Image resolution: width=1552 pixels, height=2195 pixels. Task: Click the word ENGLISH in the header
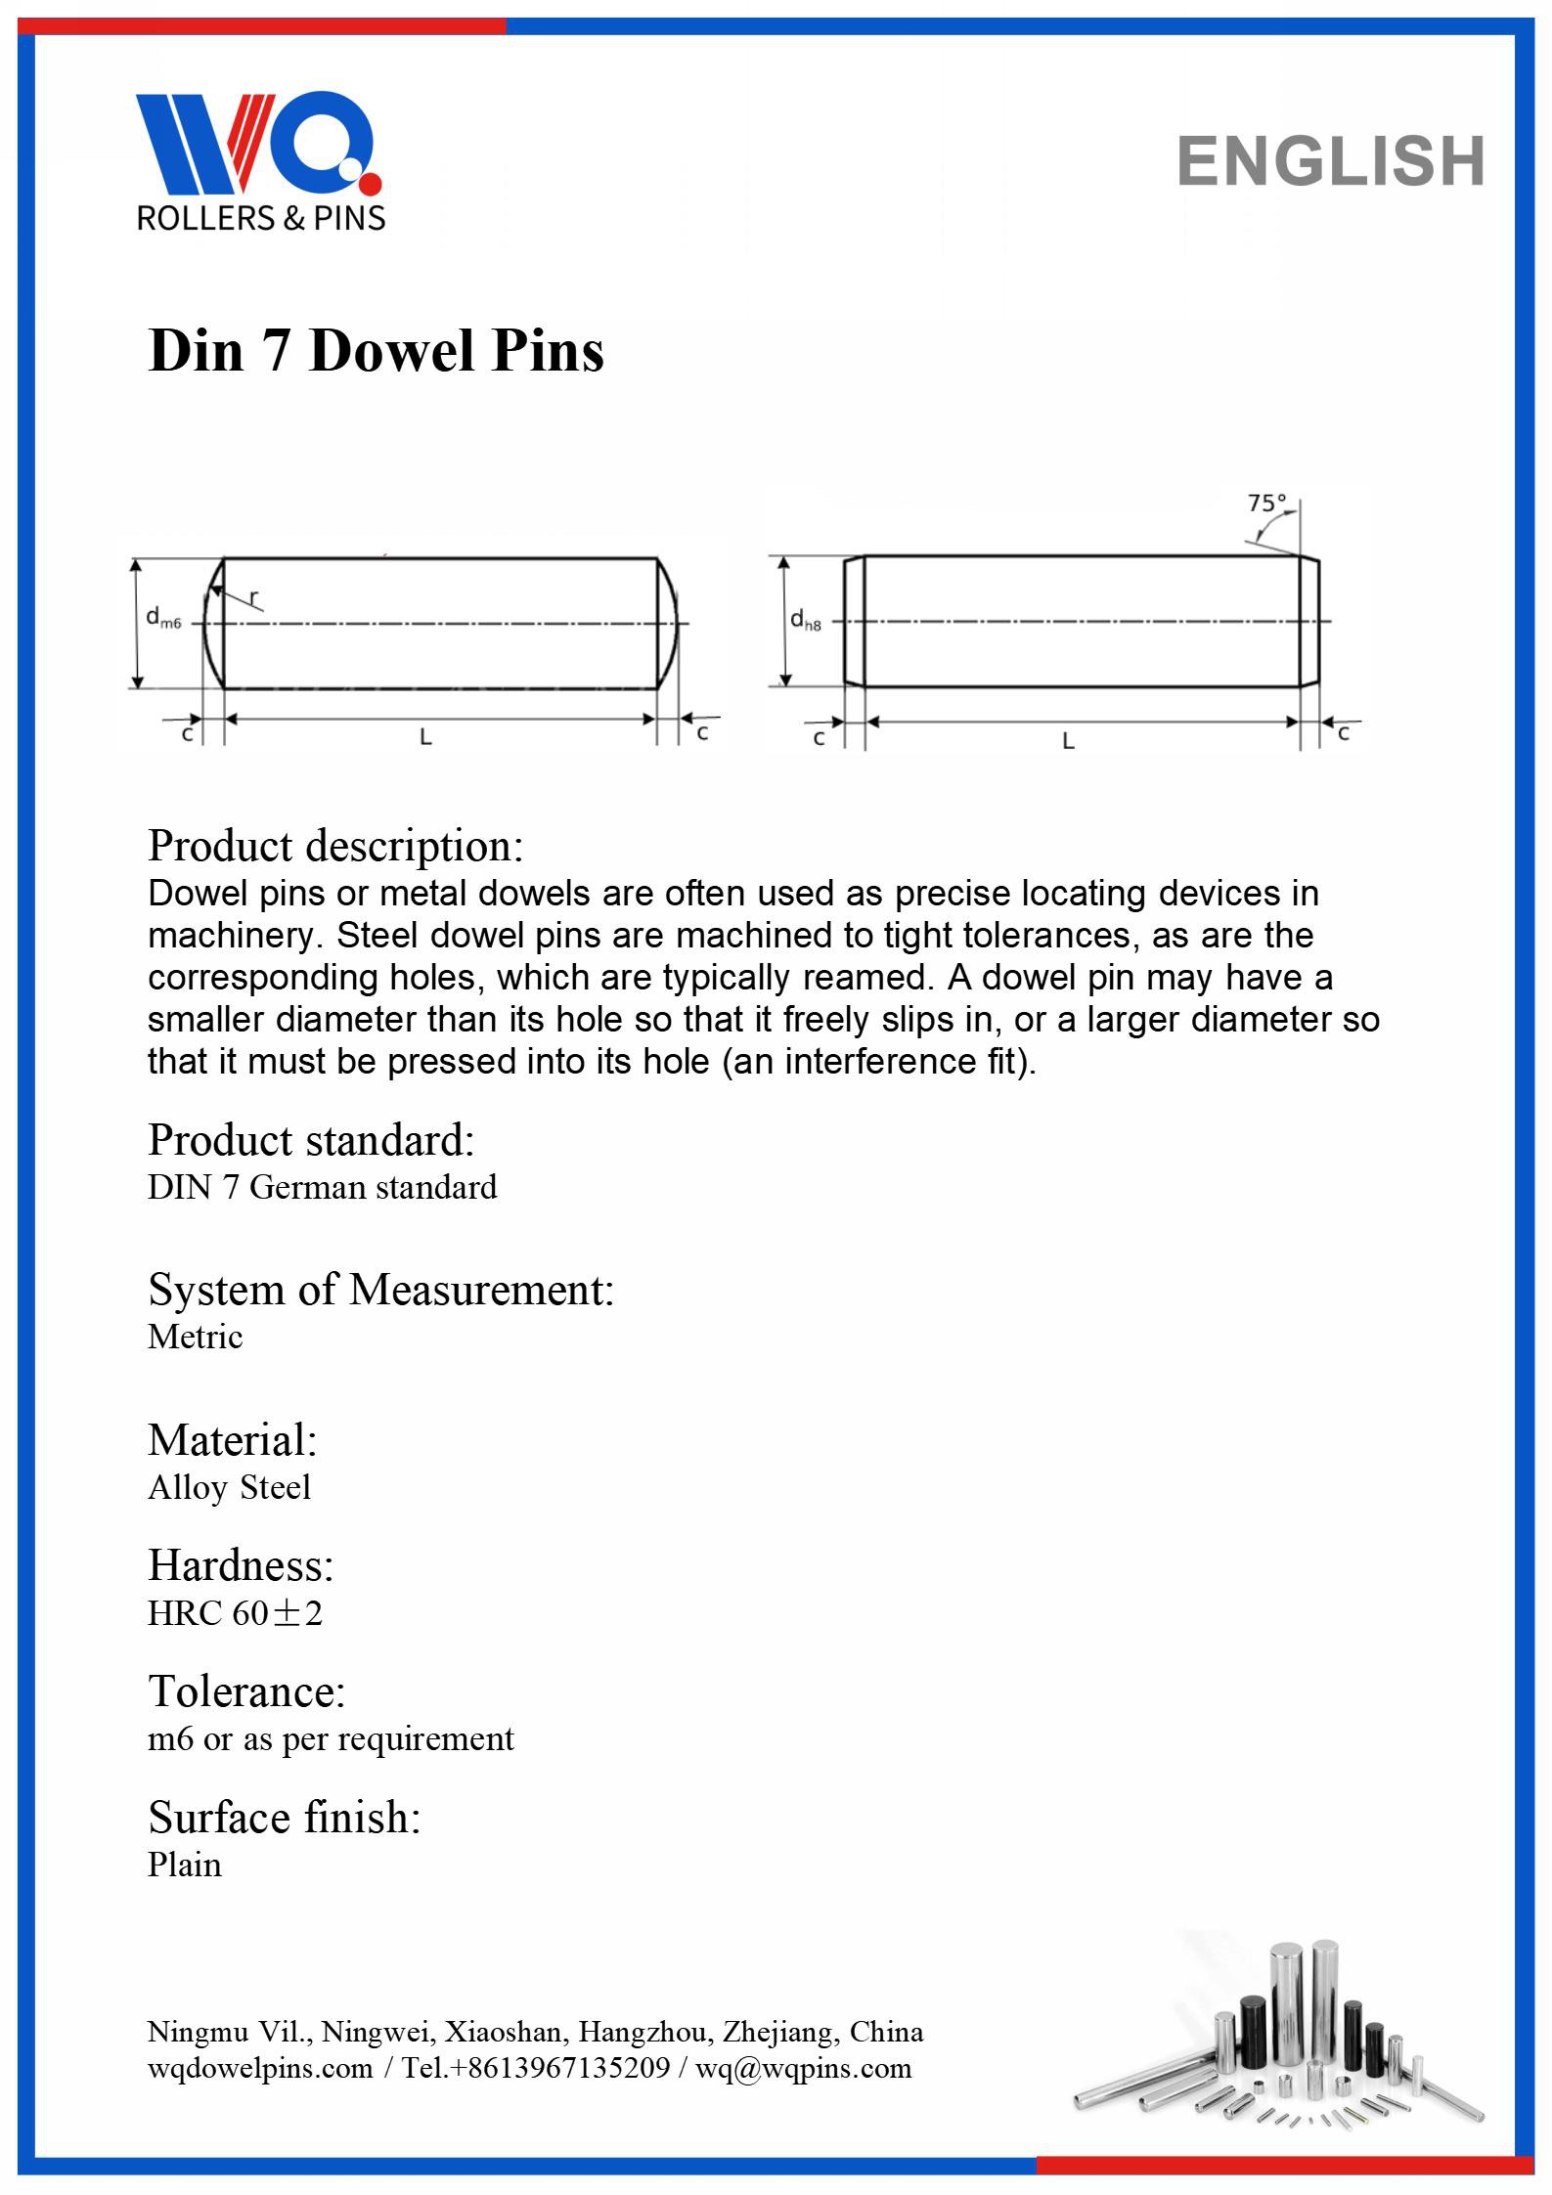pos(1331,161)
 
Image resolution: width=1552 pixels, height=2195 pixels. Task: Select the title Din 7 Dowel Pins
pos(376,350)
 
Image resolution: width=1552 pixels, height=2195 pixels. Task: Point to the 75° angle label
pos(1266,504)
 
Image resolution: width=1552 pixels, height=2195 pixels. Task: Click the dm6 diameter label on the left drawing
pos(163,618)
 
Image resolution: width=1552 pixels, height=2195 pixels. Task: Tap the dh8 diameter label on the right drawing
pos(806,619)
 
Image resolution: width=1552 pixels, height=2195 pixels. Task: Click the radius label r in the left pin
pos(254,596)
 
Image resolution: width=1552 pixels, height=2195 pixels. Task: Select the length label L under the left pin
pos(425,738)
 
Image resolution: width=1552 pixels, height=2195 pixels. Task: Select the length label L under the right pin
pos(1068,742)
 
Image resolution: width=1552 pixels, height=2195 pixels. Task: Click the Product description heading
pos(335,846)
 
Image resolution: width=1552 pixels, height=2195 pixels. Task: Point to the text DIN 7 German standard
pos(322,1187)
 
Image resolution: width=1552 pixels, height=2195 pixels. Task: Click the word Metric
pos(195,1337)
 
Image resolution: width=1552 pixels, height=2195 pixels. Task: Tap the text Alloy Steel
pos(229,1487)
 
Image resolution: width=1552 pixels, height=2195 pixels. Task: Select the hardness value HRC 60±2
pos(235,1613)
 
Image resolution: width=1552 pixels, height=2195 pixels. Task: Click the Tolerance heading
pos(246,1690)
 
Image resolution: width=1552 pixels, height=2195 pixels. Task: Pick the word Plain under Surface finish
pos(184,1865)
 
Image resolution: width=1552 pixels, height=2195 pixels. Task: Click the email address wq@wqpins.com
pos(803,2068)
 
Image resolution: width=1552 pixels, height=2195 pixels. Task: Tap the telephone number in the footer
pos(536,2068)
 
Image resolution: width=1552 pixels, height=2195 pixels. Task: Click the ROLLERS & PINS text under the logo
pos(261,218)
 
